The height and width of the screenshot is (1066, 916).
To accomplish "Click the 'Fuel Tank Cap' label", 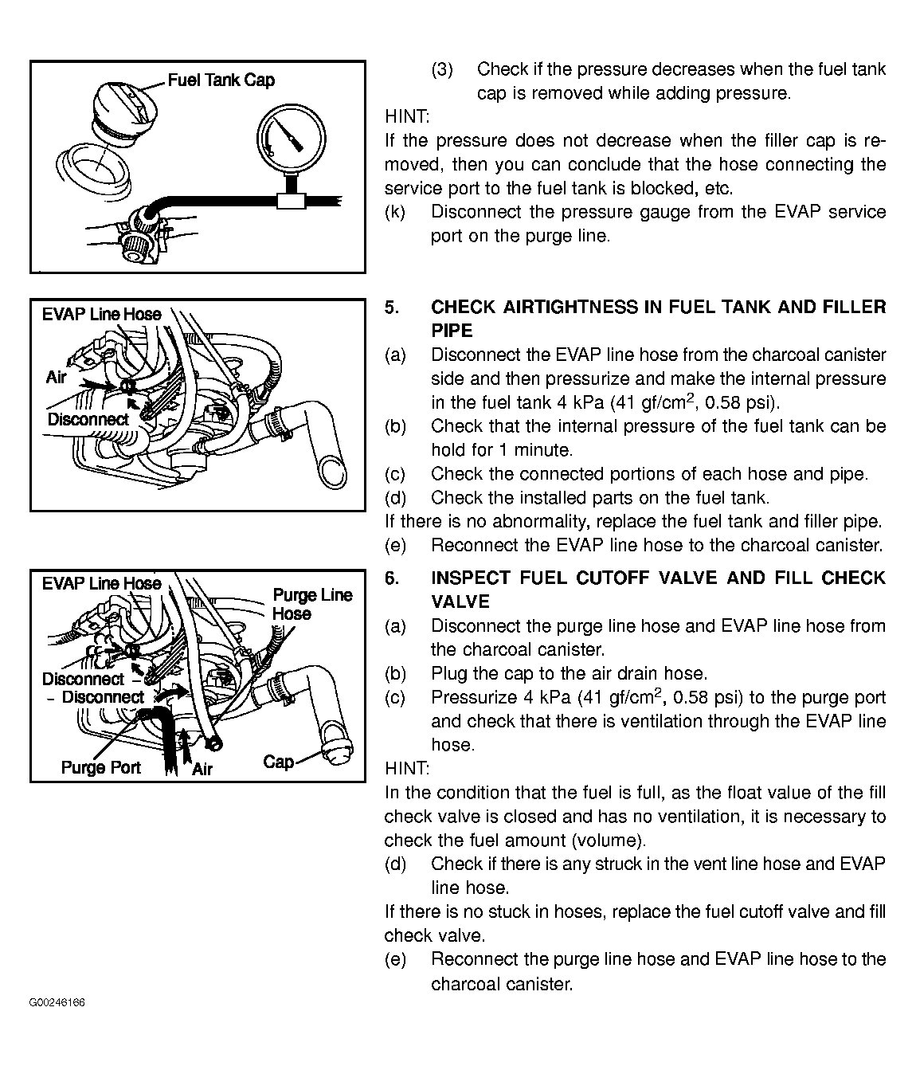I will pyautogui.click(x=221, y=80).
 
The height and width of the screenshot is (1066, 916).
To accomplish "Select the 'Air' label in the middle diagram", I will pyautogui.click(x=57, y=377).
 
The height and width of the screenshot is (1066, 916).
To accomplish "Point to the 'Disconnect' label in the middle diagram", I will pyautogui.click(x=88, y=419).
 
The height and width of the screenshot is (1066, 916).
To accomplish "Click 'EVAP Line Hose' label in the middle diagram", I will pyautogui.click(x=101, y=314).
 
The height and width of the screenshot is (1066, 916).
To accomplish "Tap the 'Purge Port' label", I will pyautogui.click(x=100, y=767).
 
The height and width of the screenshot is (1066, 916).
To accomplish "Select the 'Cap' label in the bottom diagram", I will pyautogui.click(x=278, y=762).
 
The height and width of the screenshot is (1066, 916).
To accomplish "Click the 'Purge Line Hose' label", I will pyautogui.click(x=311, y=604).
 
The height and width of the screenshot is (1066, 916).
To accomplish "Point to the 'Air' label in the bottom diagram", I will pyautogui.click(x=202, y=769).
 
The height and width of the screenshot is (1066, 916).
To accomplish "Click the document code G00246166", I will pyautogui.click(x=57, y=1002).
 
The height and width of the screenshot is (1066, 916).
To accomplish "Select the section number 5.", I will pyautogui.click(x=391, y=308).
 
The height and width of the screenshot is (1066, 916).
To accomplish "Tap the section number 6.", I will pyautogui.click(x=391, y=578).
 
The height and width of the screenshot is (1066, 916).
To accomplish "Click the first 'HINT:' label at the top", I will pyautogui.click(x=406, y=117).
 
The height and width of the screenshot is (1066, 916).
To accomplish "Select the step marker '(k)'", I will pyautogui.click(x=394, y=212).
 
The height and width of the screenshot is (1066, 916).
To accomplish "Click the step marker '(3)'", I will pyautogui.click(x=442, y=69).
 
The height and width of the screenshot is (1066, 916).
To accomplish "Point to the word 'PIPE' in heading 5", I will pyautogui.click(x=452, y=331).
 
